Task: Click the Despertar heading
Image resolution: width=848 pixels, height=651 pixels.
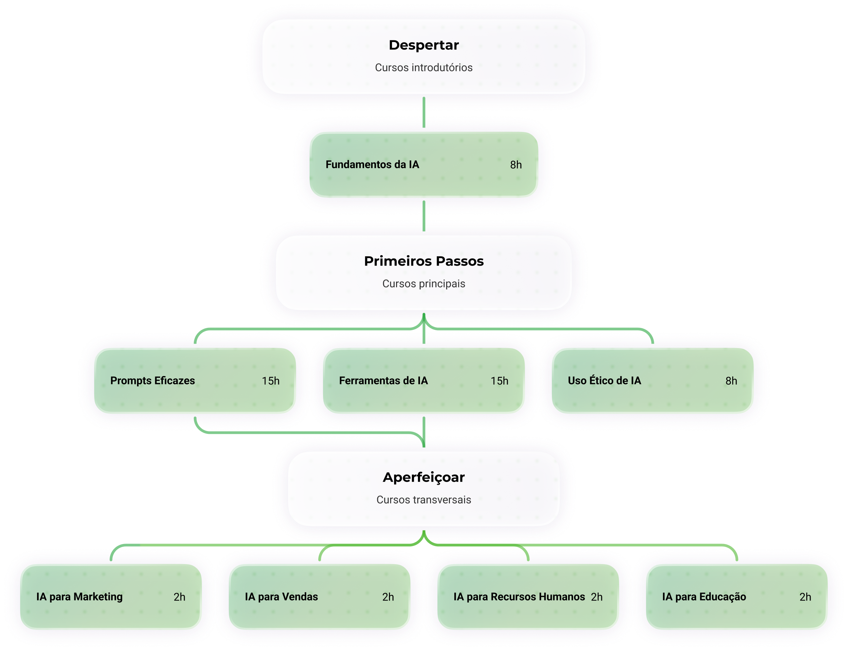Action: [x=423, y=45]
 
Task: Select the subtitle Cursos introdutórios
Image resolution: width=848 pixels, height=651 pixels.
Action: [x=423, y=67]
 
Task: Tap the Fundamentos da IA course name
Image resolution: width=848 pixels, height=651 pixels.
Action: [x=372, y=164]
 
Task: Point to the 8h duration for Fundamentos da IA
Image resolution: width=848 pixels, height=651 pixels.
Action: [x=516, y=165]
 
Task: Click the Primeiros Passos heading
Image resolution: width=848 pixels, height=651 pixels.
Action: [x=423, y=261]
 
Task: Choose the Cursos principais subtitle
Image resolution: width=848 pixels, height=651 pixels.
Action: [x=423, y=284]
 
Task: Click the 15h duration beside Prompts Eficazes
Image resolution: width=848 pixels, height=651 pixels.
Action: [x=271, y=381]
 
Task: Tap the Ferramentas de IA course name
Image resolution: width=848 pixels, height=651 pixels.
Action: [x=383, y=380]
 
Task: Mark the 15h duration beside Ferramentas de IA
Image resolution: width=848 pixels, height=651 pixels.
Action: [x=499, y=381]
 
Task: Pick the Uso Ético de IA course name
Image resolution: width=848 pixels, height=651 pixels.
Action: [x=604, y=380]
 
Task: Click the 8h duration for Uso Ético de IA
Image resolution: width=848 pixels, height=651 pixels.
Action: [x=731, y=381]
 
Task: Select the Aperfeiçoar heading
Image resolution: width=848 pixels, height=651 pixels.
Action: [x=423, y=477]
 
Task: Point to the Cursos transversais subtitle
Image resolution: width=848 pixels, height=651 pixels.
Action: [x=423, y=500]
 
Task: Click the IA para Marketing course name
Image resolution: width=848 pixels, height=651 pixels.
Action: [x=79, y=597]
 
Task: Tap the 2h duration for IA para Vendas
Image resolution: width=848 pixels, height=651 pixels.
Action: [x=388, y=597]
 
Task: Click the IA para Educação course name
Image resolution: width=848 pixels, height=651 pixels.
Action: [x=704, y=597]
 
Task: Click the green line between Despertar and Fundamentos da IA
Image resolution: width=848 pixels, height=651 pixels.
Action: [x=423, y=112]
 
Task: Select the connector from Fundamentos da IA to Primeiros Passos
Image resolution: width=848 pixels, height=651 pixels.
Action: [x=423, y=216]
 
